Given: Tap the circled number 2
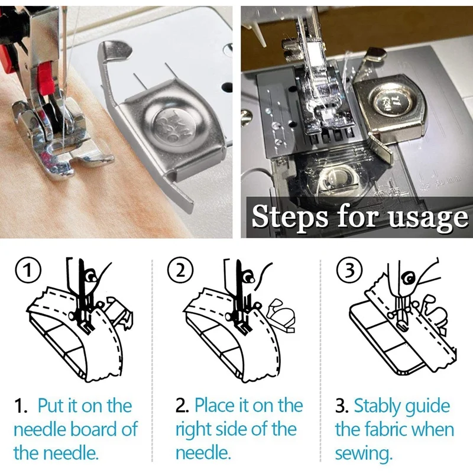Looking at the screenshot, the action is click(x=180, y=271).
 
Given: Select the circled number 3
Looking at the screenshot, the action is click(x=349, y=271).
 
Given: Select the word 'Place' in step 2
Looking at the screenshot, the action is click(x=215, y=406).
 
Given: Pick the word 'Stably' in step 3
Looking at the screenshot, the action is click(x=377, y=407).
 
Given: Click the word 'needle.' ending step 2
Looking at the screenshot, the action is click(x=203, y=453).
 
